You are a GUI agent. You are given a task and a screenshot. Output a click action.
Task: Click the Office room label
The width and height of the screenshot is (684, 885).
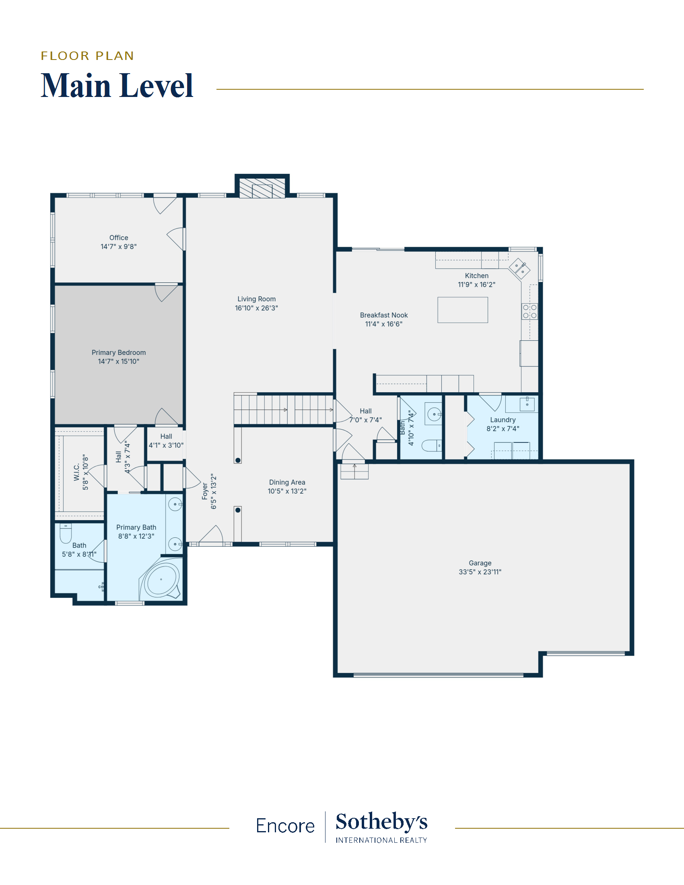tap(119, 238)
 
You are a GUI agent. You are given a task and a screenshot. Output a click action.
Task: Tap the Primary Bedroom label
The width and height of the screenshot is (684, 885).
tap(119, 352)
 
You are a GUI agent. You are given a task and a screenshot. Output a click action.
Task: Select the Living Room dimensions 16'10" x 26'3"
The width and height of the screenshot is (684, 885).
tap(257, 308)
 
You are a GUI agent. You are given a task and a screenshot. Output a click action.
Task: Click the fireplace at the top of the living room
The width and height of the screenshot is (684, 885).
tap(262, 188)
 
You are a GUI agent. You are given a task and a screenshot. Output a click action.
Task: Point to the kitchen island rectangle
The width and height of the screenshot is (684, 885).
tap(463, 310)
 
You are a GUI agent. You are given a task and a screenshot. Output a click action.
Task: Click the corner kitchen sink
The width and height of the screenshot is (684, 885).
tap(519, 268)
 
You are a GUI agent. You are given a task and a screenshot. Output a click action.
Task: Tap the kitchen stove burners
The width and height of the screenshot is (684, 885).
tap(529, 311)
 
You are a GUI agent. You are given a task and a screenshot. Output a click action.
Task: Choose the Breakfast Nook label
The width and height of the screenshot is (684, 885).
tap(384, 315)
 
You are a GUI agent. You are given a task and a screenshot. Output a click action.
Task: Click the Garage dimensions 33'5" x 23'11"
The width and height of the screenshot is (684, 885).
tap(480, 572)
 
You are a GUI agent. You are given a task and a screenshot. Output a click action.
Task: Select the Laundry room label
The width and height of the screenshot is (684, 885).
tap(503, 420)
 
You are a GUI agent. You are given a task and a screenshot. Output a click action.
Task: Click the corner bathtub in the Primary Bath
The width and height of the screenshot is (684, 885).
tap(161, 580)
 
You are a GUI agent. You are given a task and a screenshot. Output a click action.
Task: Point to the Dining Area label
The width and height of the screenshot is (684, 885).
tap(287, 482)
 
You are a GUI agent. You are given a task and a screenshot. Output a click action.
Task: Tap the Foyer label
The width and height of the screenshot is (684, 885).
tap(205, 491)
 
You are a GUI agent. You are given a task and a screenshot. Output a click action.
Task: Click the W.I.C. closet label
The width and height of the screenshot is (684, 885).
tap(76, 473)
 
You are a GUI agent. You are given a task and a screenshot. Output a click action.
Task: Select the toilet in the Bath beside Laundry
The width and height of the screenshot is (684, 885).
tap(432, 446)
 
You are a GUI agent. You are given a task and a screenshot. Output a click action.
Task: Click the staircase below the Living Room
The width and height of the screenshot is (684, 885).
tap(284, 410)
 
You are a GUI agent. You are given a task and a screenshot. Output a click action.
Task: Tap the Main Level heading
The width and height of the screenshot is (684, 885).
tap(117, 86)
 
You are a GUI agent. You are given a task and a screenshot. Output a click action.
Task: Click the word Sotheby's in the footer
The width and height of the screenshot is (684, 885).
tap(381, 822)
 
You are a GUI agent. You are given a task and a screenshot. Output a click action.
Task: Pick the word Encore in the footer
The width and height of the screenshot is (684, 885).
tap(285, 826)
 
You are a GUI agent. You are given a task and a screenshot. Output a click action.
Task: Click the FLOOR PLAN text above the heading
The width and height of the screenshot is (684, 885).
tap(88, 56)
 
